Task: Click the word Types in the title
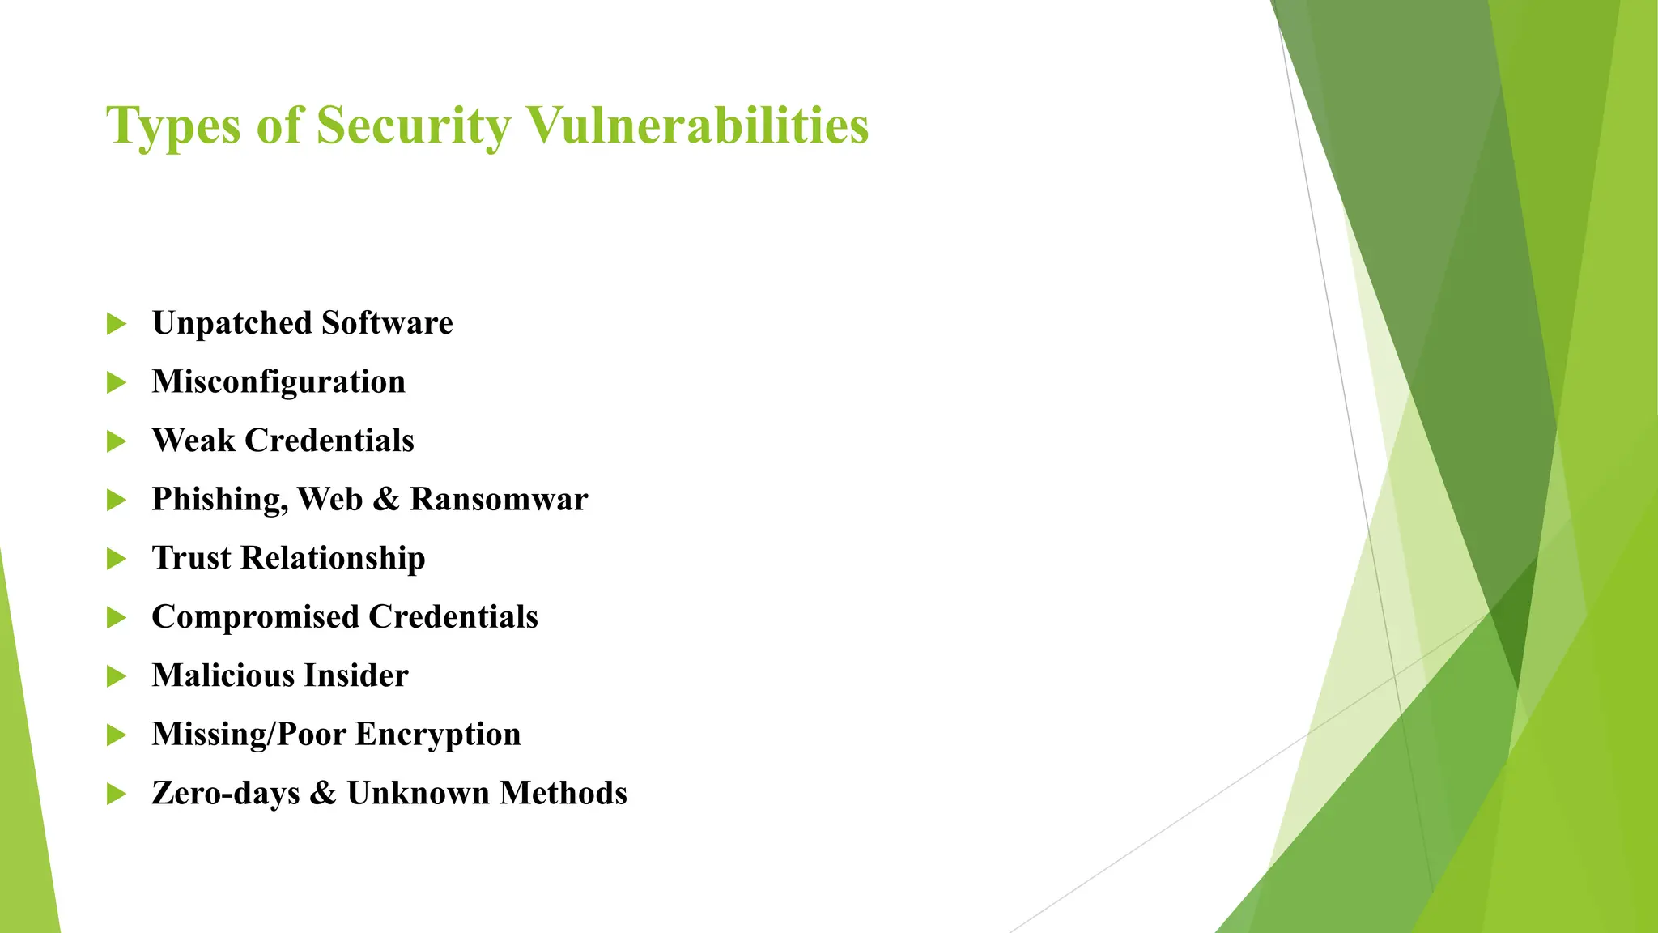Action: [x=173, y=126]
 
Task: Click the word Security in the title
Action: [x=413, y=126]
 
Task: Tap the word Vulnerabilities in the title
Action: [x=698, y=126]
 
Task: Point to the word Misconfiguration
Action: [x=278, y=382]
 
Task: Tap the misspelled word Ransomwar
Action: [x=499, y=500]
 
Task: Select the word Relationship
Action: [x=333, y=559]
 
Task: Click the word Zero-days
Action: [x=225, y=794]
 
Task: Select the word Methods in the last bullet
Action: [x=563, y=793]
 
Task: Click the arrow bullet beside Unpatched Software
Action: [x=117, y=324]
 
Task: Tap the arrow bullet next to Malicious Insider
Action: [x=117, y=676]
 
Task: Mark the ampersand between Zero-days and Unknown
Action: [x=322, y=794]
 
